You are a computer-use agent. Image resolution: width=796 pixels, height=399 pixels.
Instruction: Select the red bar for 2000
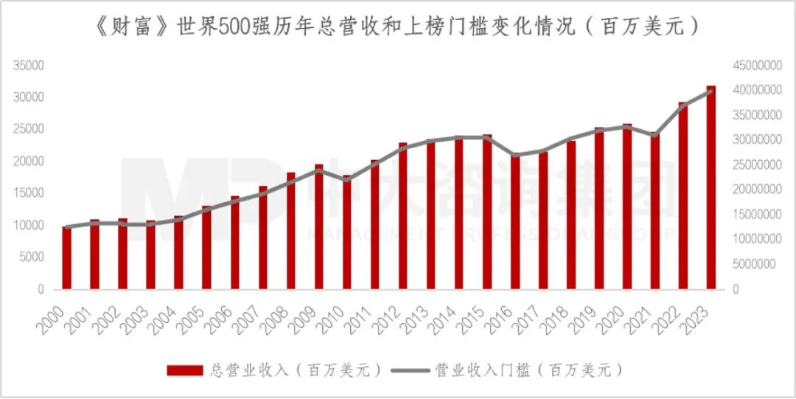point(66,258)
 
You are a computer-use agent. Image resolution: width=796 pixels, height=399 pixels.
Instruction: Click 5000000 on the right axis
point(758,264)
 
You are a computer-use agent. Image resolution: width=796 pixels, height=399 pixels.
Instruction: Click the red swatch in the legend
point(185,370)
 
